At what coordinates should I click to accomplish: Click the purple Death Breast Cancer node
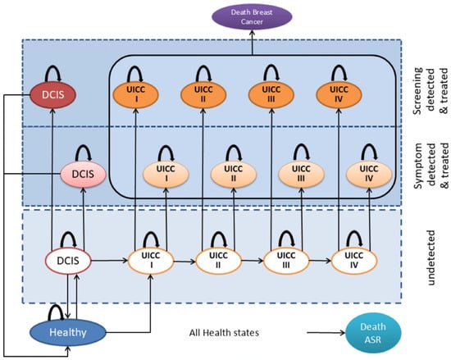pyautogui.click(x=252, y=16)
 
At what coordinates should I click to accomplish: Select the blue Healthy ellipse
pyautogui.click(x=68, y=332)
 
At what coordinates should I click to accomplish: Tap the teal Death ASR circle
pyautogui.click(x=373, y=333)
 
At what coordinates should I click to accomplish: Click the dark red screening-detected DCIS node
pyautogui.click(x=53, y=94)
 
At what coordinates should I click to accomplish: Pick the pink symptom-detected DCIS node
pyautogui.click(x=83, y=174)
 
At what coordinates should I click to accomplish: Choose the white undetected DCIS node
pyautogui.click(x=68, y=261)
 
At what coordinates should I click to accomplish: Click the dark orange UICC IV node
pyautogui.click(x=339, y=94)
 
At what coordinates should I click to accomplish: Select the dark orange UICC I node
pyautogui.click(x=136, y=94)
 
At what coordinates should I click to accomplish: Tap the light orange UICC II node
pyautogui.click(x=233, y=174)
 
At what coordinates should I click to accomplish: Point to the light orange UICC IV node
pyautogui.click(x=369, y=174)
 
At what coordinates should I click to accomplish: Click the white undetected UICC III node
pyautogui.click(x=286, y=261)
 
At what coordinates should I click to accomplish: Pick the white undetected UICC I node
pyautogui.click(x=151, y=261)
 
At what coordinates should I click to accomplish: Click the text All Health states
pyautogui.click(x=224, y=333)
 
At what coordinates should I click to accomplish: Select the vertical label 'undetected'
pyautogui.click(x=430, y=257)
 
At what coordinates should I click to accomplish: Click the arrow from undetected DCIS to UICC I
pyautogui.click(x=109, y=261)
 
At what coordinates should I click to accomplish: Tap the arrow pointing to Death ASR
pyautogui.click(x=326, y=333)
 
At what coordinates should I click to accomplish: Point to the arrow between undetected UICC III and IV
pyautogui.click(x=321, y=261)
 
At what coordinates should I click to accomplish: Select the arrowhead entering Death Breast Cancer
pyautogui.click(x=253, y=32)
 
